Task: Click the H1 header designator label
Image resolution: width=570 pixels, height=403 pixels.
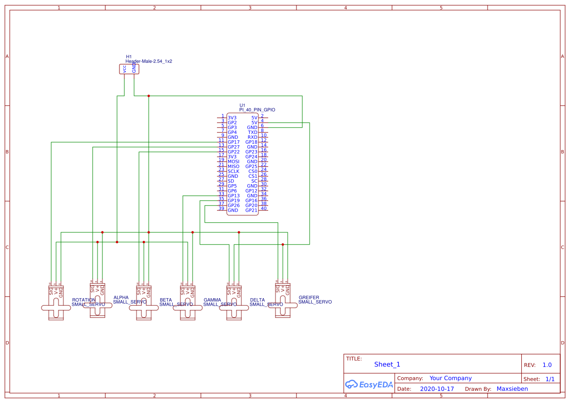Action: pos(129,57)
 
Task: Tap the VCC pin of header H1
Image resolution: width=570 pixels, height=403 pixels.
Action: pos(124,69)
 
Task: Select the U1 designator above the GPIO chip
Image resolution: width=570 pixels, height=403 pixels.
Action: pos(242,105)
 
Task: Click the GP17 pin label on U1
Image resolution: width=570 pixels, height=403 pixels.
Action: pos(234,142)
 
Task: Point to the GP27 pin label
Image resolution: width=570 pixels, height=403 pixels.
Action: pos(234,147)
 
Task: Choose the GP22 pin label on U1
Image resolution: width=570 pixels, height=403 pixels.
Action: pos(234,152)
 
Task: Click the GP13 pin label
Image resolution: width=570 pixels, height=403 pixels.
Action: pos(234,196)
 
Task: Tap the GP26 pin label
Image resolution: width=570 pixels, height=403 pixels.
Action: pos(234,206)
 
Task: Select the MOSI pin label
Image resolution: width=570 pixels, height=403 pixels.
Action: pos(234,162)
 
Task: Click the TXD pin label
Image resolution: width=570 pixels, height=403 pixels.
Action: pos(253,133)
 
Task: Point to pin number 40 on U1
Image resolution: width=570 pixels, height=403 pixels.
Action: pos(264,209)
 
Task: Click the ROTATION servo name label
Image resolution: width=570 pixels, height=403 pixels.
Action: pos(84,300)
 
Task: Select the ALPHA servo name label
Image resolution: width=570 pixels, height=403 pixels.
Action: pos(121,297)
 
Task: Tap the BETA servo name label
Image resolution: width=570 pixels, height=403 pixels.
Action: pos(166,300)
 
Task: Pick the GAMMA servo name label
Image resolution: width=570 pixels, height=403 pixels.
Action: pos(212,300)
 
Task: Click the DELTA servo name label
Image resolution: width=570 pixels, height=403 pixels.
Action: pos(257,300)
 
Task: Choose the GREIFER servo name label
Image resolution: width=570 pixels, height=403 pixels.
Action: pos(309,297)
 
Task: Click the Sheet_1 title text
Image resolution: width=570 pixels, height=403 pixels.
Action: pos(387,365)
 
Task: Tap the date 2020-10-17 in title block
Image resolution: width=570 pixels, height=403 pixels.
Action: pos(437,389)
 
